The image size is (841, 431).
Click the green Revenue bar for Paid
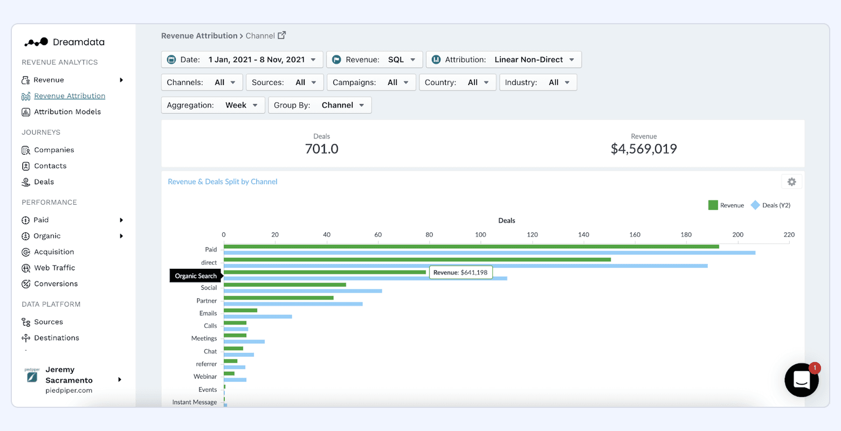coord(471,247)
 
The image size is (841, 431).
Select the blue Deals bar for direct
coord(465,266)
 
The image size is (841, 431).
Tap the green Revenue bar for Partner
coord(278,297)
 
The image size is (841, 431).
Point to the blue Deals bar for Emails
coord(258,316)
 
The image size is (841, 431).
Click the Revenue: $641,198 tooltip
coord(460,273)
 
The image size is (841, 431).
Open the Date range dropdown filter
coord(242,59)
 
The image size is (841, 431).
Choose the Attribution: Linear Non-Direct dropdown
coord(503,59)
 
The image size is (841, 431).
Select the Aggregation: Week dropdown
coord(212,105)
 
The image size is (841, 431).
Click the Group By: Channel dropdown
coord(319,105)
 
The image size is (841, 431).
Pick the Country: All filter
coord(457,82)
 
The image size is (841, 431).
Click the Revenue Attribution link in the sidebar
coord(70,96)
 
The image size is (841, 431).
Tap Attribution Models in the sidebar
coord(67,112)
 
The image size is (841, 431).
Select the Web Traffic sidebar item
coord(54,268)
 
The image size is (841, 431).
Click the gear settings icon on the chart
coord(791,182)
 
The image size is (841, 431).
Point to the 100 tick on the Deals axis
coord(480,234)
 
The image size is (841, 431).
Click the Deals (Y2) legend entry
coord(771,205)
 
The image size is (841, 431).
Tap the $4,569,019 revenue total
coord(644,149)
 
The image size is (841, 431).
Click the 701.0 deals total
coord(322,149)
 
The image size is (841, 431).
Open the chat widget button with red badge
coord(801,380)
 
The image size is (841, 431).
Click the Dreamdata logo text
coord(78,42)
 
